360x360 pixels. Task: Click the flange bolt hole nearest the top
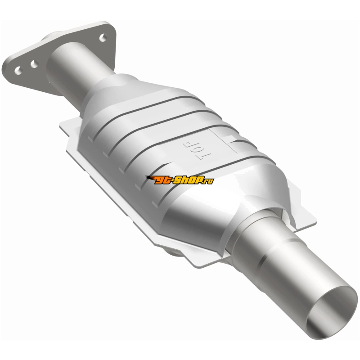(103, 38)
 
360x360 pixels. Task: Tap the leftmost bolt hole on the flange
(18, 71)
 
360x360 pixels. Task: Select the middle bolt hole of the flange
(35, 64)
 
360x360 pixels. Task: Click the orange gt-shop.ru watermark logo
(179, 180)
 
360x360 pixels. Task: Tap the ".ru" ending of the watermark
(209, 181)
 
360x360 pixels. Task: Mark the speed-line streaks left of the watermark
(151, 178)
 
